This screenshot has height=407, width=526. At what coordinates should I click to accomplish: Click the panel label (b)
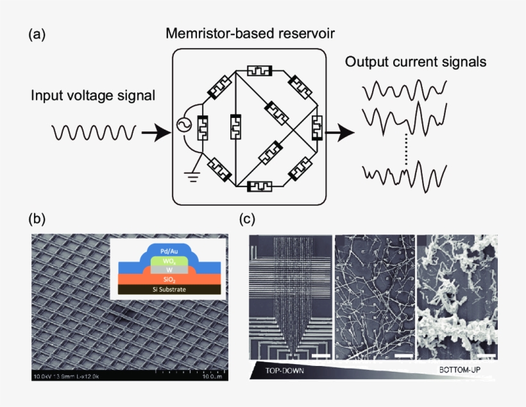click(37, 220)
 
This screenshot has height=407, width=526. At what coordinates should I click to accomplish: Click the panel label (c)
click(248, 220)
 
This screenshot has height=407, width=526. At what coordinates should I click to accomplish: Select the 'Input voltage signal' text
click(93, 96)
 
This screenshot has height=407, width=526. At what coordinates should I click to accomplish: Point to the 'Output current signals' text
click(415, 62)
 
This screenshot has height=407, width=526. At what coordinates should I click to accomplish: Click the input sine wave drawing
click(94, 133)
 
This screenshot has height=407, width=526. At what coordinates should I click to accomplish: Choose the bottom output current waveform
click(404, 174)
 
